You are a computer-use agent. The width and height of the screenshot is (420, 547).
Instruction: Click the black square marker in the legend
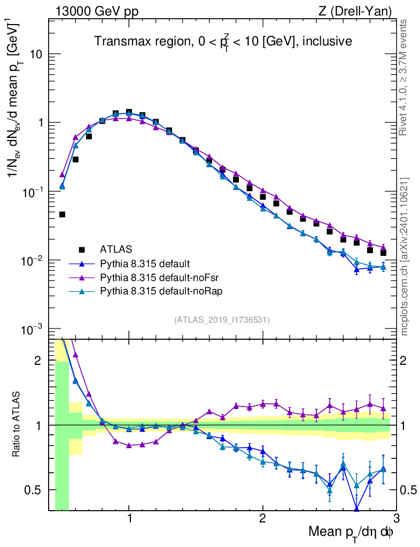[x=82, y=249]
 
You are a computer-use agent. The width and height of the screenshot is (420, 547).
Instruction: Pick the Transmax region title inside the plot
[x=223, y=41]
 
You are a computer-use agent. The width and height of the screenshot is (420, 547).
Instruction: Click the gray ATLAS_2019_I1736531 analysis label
[x=222, y=320]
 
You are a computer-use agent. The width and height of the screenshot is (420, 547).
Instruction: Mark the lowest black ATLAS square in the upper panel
[x=62, y=215]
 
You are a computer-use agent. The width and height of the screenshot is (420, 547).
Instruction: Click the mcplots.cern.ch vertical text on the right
[x=405, y=256]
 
